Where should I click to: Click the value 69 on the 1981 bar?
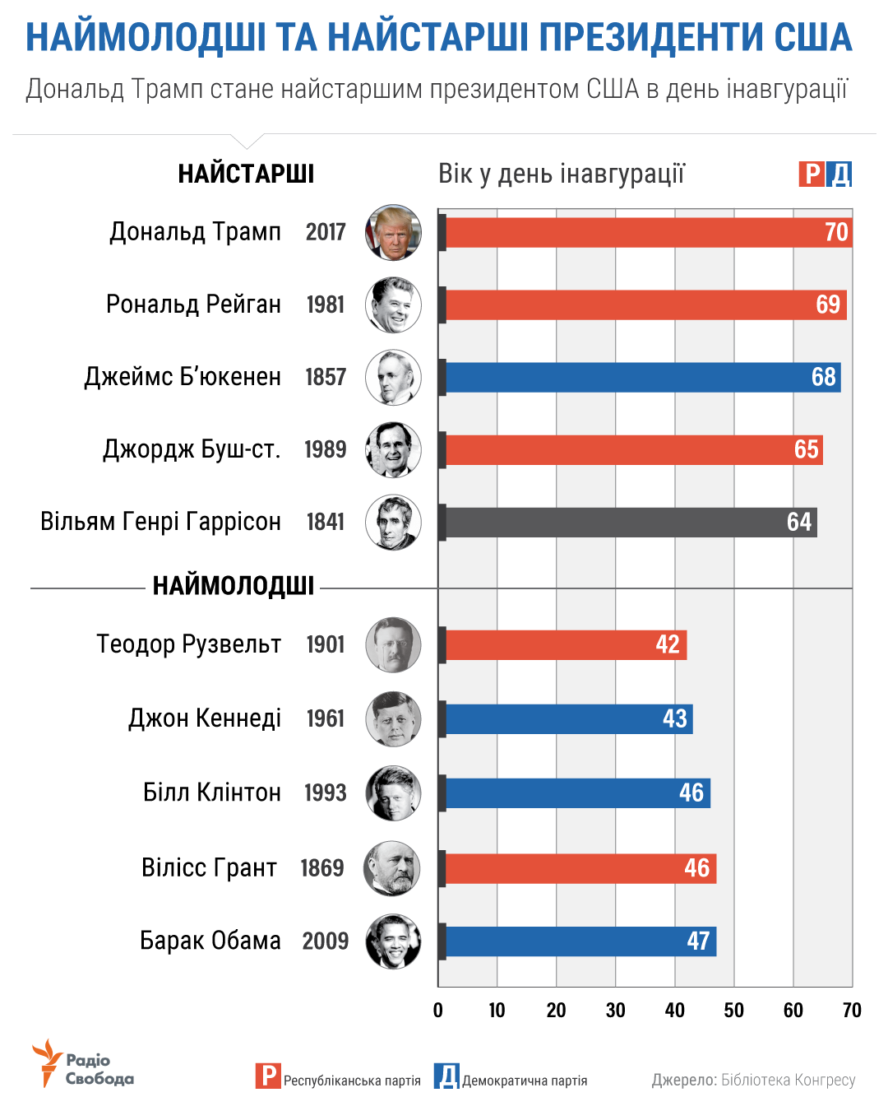click(x=828, y=304)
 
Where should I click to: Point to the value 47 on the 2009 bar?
click(x=698, y=941)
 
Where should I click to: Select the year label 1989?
click(x=326, y=449)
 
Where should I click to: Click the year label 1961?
click(x=326, y=718)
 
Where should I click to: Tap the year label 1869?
click(x=322, y=867)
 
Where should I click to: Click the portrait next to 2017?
click(x=394, y=232)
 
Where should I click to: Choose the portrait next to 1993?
click(x=394, y=793)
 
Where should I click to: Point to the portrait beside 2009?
click(x=394, y=941)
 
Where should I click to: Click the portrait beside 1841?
click(x=394, y=523)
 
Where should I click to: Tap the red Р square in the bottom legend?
click(x=267, y=1076)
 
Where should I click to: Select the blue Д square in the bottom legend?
click(x=446, y=1076)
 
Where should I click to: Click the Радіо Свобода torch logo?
click(x=48, y=1062)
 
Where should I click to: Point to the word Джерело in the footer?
click(x=684, y=1080)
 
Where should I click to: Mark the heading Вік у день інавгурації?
click(x=562, y=174)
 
